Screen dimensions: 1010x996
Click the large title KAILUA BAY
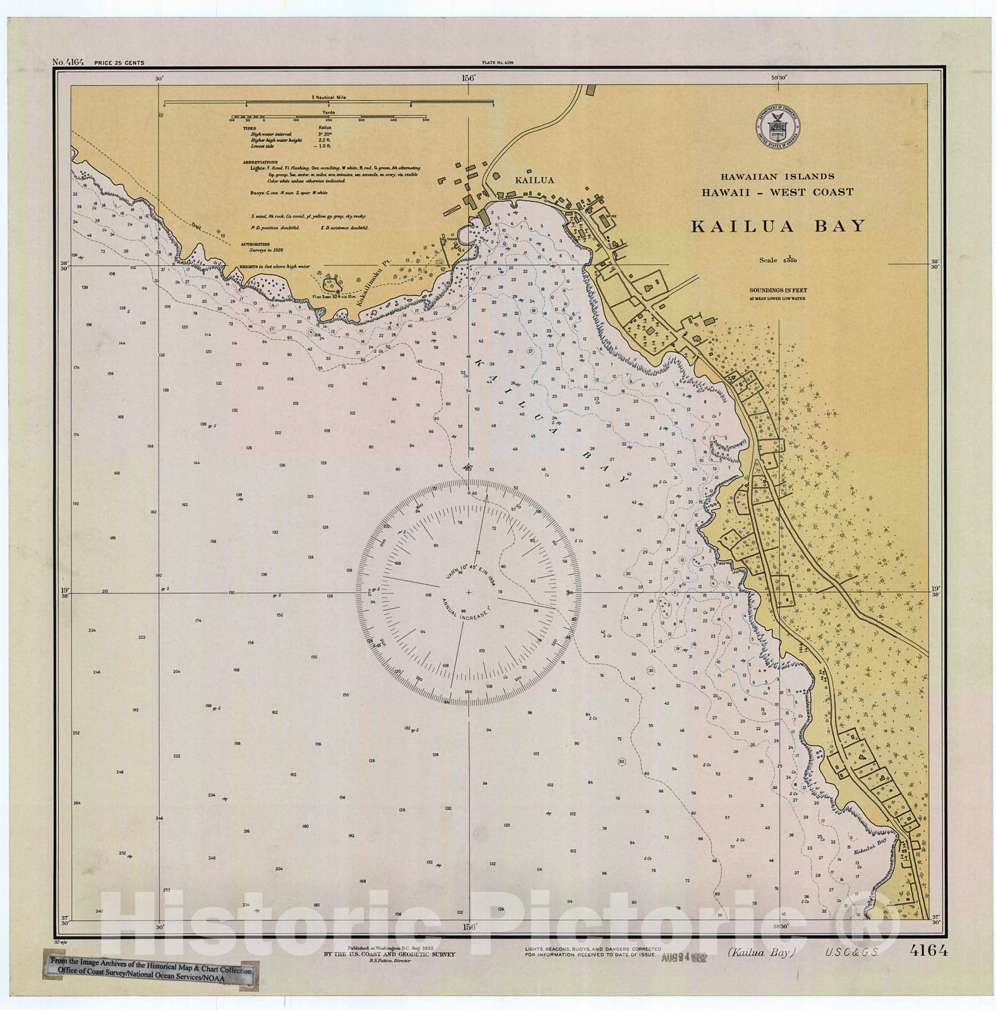(x=777, y=227)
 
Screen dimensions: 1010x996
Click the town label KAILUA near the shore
(x=534, y=181)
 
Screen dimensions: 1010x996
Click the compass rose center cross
(x=468, y=593)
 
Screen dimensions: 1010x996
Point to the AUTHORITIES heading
(x=255, y=244)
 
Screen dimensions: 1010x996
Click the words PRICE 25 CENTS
(x=119, y=63)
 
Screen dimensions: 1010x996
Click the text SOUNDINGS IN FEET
(x=777, y=291)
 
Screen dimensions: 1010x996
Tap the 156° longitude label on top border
(x=468, y=78)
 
